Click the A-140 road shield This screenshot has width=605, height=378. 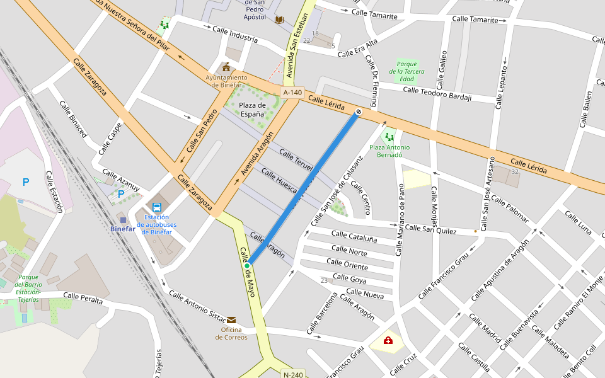[292, 93]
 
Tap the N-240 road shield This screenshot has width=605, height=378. [293, 374]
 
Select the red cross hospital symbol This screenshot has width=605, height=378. [388, 341]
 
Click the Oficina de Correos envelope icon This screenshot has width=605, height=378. [231, 320]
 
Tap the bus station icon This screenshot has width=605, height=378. [156, 207]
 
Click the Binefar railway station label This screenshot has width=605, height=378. [123, 229]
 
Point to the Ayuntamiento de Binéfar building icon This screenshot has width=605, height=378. [226, 67]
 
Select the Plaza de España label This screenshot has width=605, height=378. [252, 110]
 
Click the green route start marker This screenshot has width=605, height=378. [248, 266]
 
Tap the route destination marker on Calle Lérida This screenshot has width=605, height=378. [359, 112]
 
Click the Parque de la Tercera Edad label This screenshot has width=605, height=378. [406, 71]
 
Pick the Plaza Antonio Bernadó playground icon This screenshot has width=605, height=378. [389, 136]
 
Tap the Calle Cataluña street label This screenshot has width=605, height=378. [354, 238]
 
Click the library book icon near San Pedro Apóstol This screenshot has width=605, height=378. [279, 20]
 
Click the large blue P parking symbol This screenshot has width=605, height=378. [26, 183]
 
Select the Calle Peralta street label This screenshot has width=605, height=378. [83, 298]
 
